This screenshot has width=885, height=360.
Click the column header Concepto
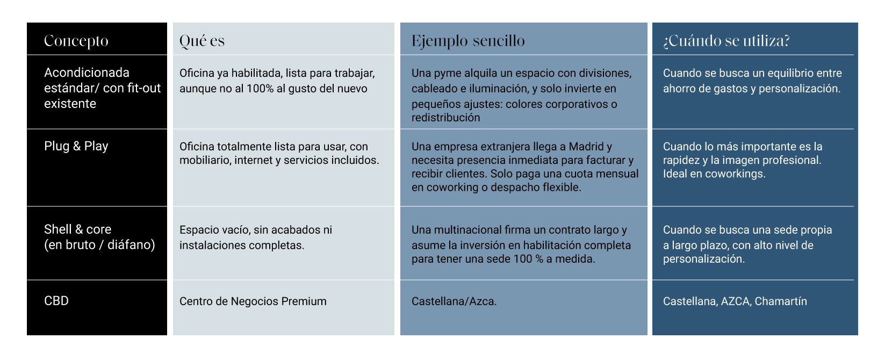tap(76, 41)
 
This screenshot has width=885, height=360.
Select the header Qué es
tap(202, 41)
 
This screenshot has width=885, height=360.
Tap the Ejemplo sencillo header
tap(468, 41)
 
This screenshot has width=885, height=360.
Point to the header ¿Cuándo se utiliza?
tap(726, 41)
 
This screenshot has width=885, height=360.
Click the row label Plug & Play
tap(76, 146)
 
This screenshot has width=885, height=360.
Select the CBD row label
tap(56, 301)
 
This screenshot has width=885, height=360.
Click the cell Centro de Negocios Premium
tap(253, 301)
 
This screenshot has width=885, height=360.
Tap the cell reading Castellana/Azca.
tap(454, 301)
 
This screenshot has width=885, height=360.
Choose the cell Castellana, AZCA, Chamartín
tap(735, 301)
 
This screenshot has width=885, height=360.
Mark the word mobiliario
tap(205, 160)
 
